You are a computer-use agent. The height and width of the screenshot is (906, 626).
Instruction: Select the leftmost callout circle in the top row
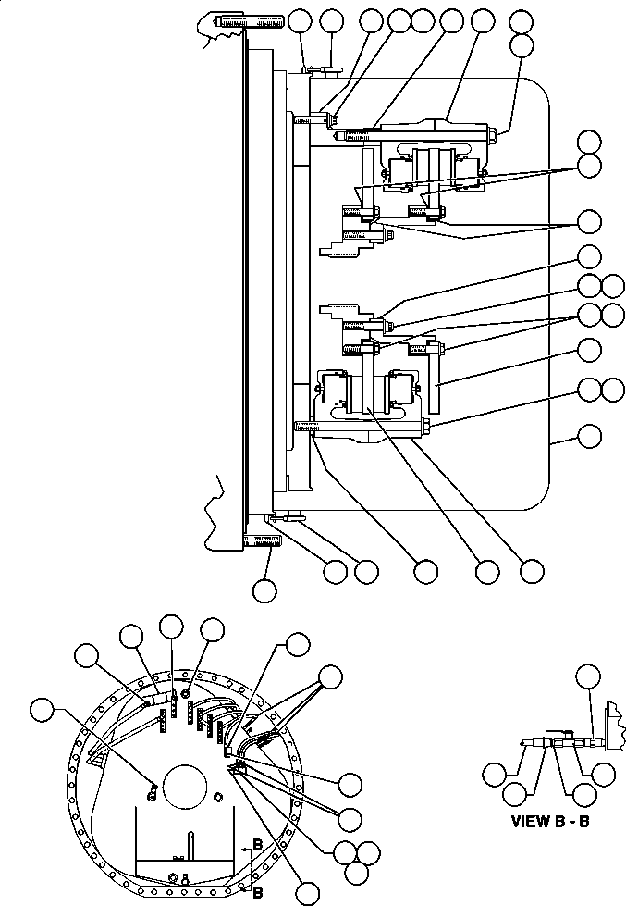pyautogui.click(x=301, y=19)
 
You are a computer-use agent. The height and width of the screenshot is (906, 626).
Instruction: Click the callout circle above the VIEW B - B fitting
pyautogui.click(x=587, y=678)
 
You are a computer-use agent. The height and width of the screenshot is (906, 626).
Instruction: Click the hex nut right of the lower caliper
pyautogui.click(x=429, y=426)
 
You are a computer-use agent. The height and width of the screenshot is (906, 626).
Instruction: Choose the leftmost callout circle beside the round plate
pyautogui.click(x=42, y=711)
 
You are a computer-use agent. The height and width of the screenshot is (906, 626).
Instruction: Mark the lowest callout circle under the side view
pyautogui.click(x=265, y=589)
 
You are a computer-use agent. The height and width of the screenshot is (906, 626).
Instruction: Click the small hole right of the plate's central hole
pyautogui.click(x=216, y=798)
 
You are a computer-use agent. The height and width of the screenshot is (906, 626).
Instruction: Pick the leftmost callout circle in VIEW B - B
pyautogui.click(x=496, y=774)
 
